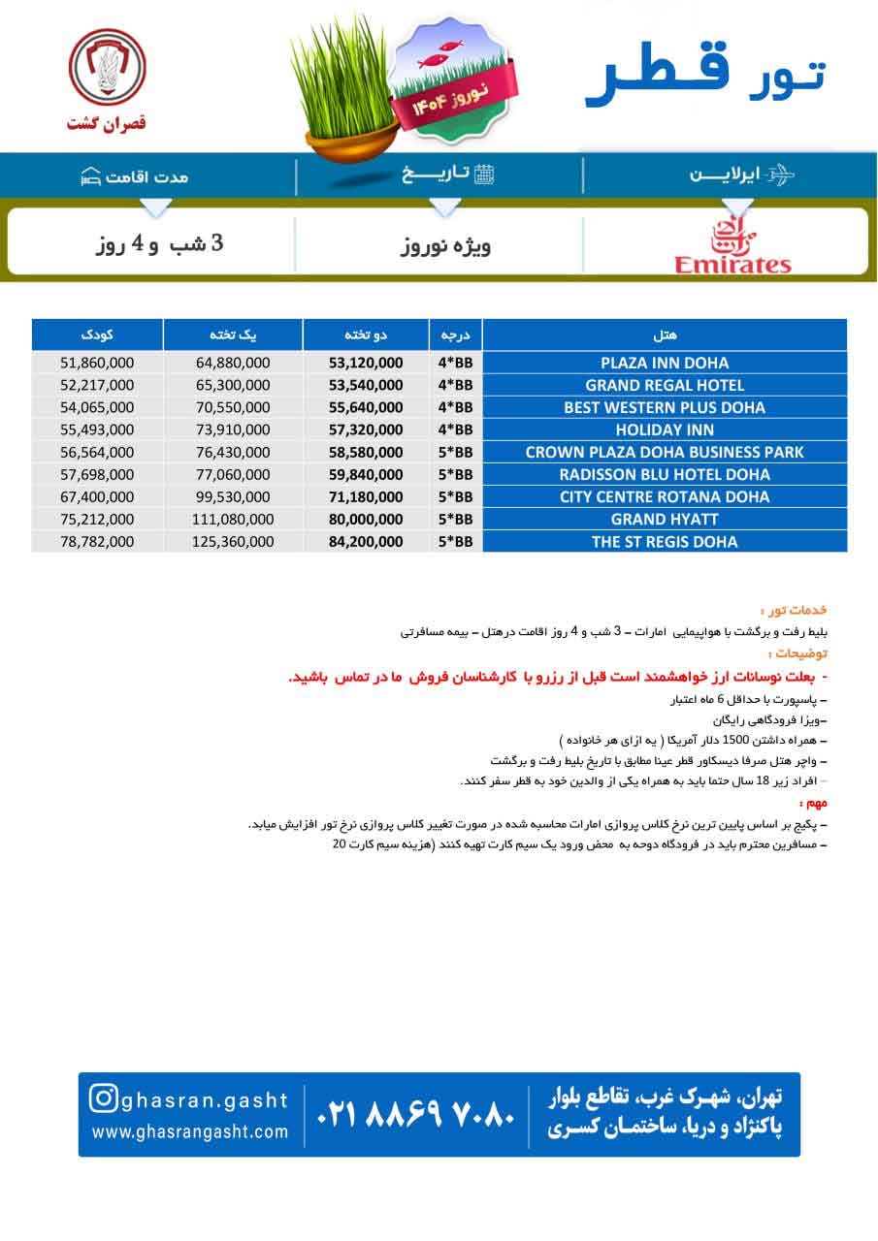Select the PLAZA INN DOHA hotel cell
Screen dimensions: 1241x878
(x=664, y=364)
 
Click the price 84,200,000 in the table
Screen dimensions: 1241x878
(x=366, y=542)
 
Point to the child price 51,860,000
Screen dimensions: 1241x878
(x=97, y=364)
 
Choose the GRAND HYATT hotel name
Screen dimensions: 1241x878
(x=664, y=520)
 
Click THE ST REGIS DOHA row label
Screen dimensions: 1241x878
(x=664, y=542)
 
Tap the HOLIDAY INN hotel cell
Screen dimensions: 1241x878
(x=664, y=430)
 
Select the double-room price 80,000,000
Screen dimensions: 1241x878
(x=366, y=520)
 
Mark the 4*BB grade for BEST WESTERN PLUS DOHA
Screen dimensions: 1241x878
(x=455, y=408)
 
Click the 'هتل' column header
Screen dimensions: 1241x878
(x=666, y=334)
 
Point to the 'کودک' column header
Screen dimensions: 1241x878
(x=97, y=334)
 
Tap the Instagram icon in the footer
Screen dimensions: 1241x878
(x=104, y=1098)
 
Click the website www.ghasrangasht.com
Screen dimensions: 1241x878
(x=190, y=1131)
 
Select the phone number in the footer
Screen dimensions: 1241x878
(x=415, y=1115)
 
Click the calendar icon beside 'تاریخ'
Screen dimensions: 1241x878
(x=484, y=175)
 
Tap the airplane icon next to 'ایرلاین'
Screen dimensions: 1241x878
(x=779, y=175)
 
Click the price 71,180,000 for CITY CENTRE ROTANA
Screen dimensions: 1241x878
(x=366, y=497)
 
